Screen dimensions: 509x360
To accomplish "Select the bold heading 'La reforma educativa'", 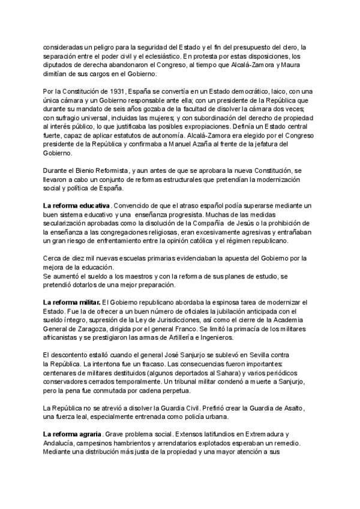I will [x=68, y=206].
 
